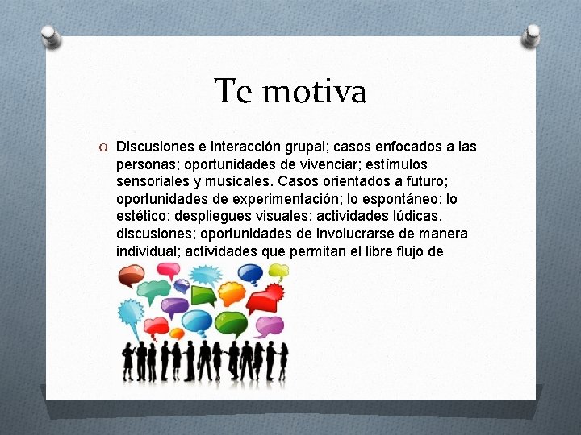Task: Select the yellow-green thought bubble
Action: point(278,271)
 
